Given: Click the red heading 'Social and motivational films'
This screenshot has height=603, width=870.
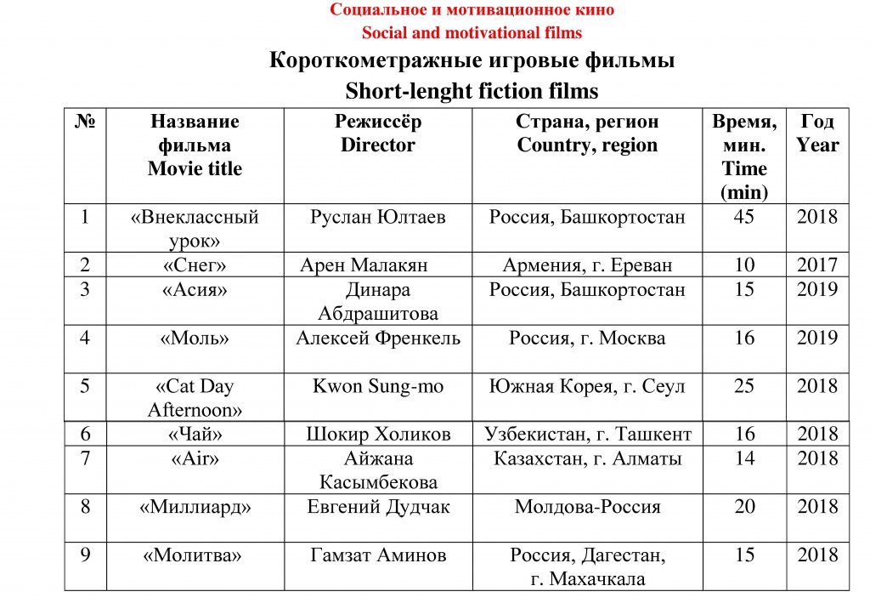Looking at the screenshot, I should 472,33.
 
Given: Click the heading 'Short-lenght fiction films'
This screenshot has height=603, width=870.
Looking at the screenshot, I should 472,90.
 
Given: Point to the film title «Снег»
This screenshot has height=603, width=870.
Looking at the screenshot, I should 195,265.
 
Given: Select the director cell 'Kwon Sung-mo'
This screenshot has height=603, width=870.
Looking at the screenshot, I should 377,386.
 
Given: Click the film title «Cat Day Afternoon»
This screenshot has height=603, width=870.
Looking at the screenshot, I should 195,398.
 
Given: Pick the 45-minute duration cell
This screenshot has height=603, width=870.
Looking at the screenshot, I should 743,217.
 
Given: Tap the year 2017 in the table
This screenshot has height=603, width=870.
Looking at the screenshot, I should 817,265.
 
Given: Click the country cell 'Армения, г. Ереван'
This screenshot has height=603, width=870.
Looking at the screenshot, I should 587,265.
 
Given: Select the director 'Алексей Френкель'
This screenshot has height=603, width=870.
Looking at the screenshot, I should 377,338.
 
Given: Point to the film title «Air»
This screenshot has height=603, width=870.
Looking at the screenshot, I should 195,459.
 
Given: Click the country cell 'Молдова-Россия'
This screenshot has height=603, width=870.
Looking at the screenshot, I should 587,507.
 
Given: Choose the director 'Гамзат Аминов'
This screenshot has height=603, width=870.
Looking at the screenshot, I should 377,555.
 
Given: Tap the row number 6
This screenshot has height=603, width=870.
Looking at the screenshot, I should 85,435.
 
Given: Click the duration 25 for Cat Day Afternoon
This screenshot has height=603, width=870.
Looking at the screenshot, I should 743,386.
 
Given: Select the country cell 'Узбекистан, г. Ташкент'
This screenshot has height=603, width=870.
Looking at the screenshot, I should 587,435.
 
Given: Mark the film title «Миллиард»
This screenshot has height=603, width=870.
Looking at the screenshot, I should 195,507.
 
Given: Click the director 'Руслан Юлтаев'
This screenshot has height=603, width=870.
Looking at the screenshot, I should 377,217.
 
